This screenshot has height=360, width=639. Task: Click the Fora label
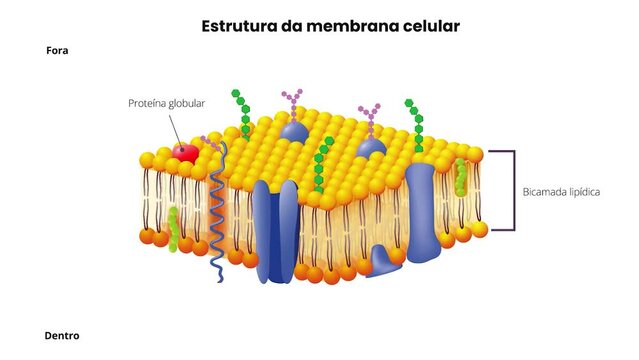(x=57, y=50)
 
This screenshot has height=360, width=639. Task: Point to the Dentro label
(x=62, y=335)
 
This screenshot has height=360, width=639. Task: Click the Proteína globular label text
(x=168, y=103)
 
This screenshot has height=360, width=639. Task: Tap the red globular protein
(x=186, y=152)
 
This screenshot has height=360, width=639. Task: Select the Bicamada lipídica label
(x=561, y=191)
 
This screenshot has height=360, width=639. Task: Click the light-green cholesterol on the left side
(x=174, y=227)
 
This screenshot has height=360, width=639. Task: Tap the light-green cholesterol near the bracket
(x=461, y=177)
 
